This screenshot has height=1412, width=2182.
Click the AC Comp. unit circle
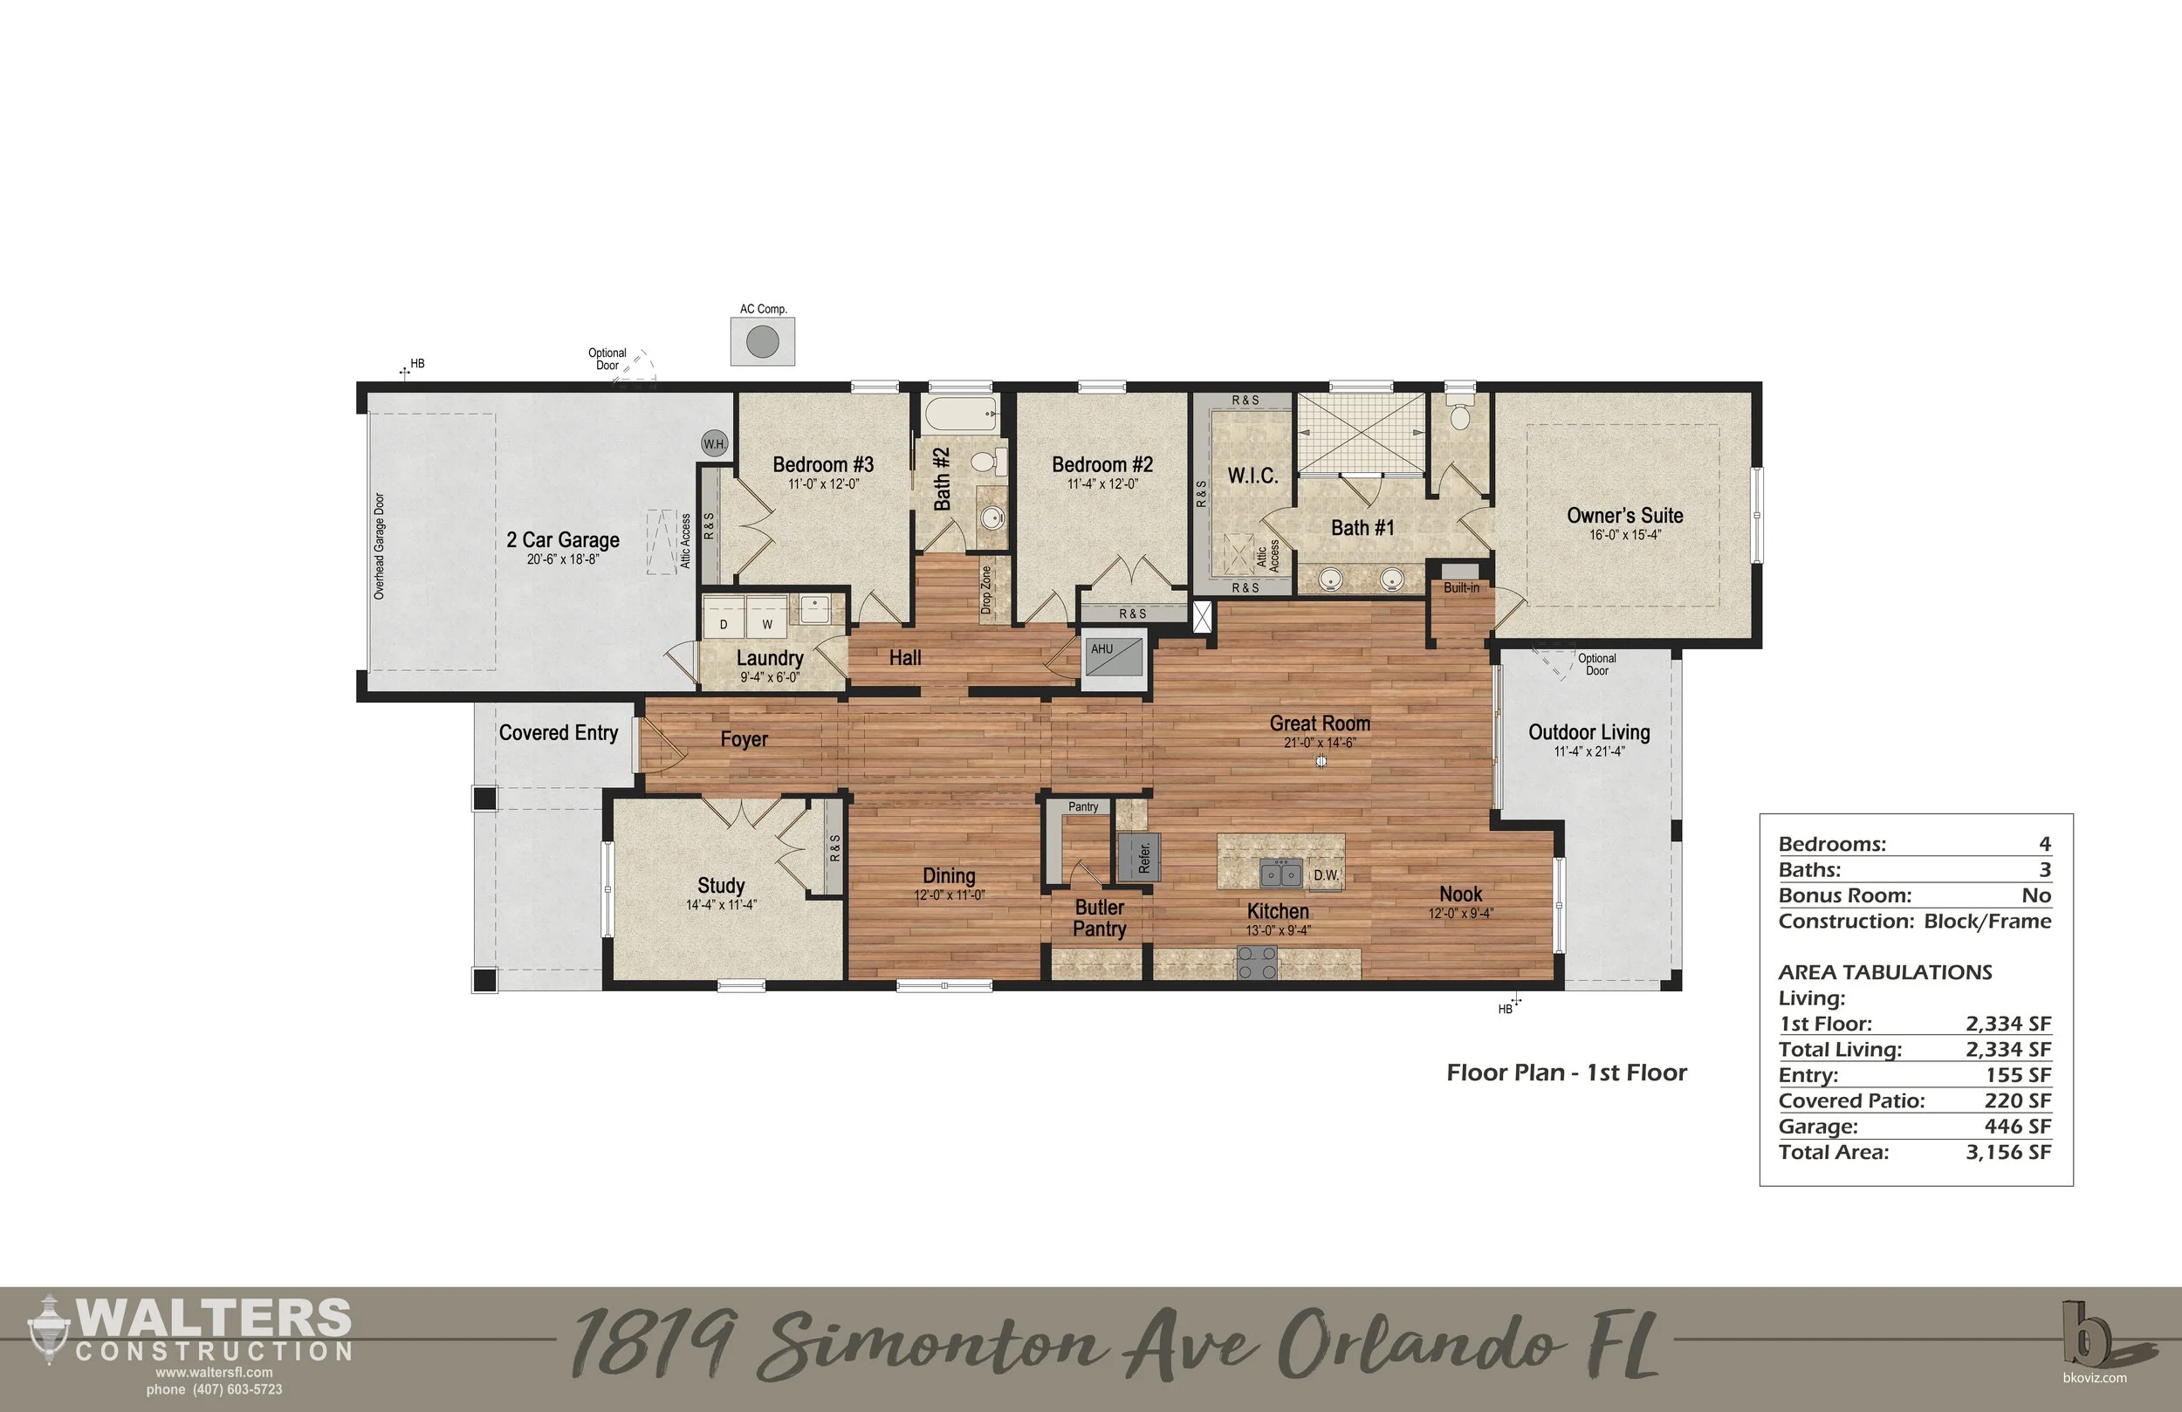click(762, 342)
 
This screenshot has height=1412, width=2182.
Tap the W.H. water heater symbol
click(714, 444)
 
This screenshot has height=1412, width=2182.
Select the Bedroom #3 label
click(822, 465)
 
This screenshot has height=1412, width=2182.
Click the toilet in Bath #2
click(985, 461)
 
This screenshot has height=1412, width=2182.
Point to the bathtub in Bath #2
click(960, 415)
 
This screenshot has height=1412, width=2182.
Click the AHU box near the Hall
click(1113, 658)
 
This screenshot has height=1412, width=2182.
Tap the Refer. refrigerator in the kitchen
click(1140, 857)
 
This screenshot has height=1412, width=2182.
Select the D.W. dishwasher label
click(1326, 875)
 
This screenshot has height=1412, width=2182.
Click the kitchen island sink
click(1280, 874)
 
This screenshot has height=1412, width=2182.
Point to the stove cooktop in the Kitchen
click(1257, 963)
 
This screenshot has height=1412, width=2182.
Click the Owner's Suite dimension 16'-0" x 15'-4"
click(1624, 536)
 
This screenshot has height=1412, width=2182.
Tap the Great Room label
click(1320, 723)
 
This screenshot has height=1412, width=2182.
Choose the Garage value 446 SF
click(2017, 1126)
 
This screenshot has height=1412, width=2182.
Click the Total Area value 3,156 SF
click(2007, 1152)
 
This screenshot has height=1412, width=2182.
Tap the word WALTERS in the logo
click(214, 1319)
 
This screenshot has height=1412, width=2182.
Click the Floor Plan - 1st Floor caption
click(1566, 1073)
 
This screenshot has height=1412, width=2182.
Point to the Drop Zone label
click(986, 590)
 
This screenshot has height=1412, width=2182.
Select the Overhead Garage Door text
click(380, 546)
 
